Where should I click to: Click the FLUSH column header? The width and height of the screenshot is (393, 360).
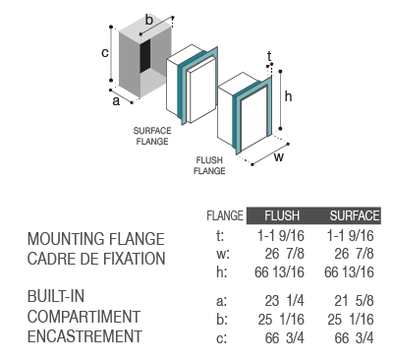(282, 215)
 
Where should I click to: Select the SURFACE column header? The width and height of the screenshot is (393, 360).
(355, 215)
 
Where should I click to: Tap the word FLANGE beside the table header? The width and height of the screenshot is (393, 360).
(225, 215)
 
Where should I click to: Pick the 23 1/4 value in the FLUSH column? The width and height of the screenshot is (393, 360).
(285, 301)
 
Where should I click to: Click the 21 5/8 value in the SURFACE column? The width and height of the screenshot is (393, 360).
(354, 301)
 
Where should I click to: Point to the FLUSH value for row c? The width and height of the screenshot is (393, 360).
(285, 338)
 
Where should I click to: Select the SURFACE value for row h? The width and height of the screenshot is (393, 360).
(349, 272)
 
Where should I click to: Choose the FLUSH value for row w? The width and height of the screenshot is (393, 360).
(285, 254)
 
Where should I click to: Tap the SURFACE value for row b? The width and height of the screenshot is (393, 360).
(351, 320)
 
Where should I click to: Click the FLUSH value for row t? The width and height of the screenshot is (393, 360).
(281, 236)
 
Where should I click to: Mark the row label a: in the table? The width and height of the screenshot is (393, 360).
(221, 301)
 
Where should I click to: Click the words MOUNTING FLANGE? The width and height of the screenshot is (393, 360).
(96, 239)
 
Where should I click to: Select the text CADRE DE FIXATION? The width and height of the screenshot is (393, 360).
(96, 259)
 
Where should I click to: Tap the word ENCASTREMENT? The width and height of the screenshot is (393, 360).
(84, 336)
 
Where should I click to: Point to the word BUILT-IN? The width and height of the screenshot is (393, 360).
(56, 296)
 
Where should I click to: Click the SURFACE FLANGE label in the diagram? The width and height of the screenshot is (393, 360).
(152, 136)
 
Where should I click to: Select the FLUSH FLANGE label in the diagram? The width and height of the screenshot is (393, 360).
(209, 165)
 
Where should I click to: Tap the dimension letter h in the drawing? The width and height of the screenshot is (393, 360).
(288, 96)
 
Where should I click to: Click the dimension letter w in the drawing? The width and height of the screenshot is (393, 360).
(279, 157)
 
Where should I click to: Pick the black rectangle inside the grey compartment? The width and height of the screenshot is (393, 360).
(145, 56)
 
